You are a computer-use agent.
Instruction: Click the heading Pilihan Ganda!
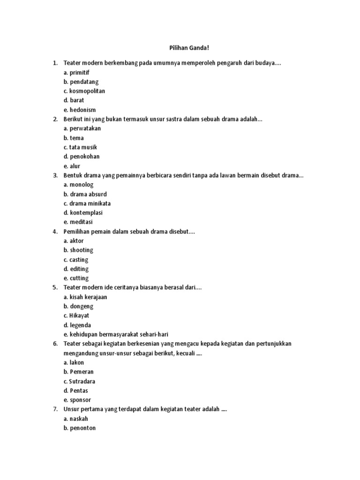click(180, 48)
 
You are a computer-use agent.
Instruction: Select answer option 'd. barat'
click(74, 100)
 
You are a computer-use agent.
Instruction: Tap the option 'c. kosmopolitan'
click(84, 91)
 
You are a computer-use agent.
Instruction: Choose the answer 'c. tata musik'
click(80, 147)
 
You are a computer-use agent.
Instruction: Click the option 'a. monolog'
click(78, 185)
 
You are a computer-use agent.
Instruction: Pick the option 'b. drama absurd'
click(85, 194)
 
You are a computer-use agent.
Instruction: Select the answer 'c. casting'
click(76, 260)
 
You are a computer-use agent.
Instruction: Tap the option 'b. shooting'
click(78, 250)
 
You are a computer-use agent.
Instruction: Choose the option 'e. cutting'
click(76, 278)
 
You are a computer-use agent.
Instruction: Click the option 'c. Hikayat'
click(76, 315)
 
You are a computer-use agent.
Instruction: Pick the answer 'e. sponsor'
click(77, 400)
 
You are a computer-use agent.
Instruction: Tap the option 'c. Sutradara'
click(79, 381)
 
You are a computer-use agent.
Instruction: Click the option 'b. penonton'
click(80, 428)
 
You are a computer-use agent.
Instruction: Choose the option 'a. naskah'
click(76, 419)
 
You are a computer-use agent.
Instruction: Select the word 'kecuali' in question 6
click(185, 353)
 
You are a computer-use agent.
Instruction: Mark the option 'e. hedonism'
click(80, 110)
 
